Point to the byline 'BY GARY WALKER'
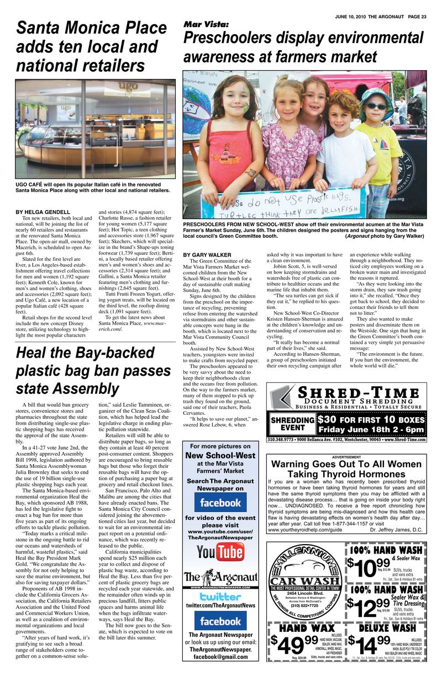pos(207,254)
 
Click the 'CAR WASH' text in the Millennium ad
pos(304,582)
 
